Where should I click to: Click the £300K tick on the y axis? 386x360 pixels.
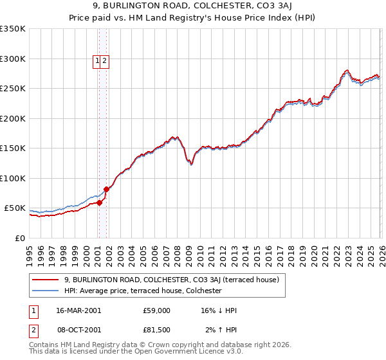pos(12,59)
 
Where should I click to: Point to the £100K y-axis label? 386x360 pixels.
pos(12,179)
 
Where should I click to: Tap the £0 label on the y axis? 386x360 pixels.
pos(19,239)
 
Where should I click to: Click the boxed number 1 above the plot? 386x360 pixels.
pos(98,61)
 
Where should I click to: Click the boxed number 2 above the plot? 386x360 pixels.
pos(104,61)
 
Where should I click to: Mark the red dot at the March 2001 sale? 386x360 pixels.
pos(100,203)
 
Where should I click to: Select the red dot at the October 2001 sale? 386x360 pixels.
pos(106,189)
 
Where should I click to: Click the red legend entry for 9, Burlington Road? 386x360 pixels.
pos(170,280)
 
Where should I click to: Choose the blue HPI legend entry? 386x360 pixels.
pos(142,291)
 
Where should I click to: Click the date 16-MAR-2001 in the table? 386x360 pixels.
pos(78,310)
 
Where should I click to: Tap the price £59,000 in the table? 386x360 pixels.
pos(157,310)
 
